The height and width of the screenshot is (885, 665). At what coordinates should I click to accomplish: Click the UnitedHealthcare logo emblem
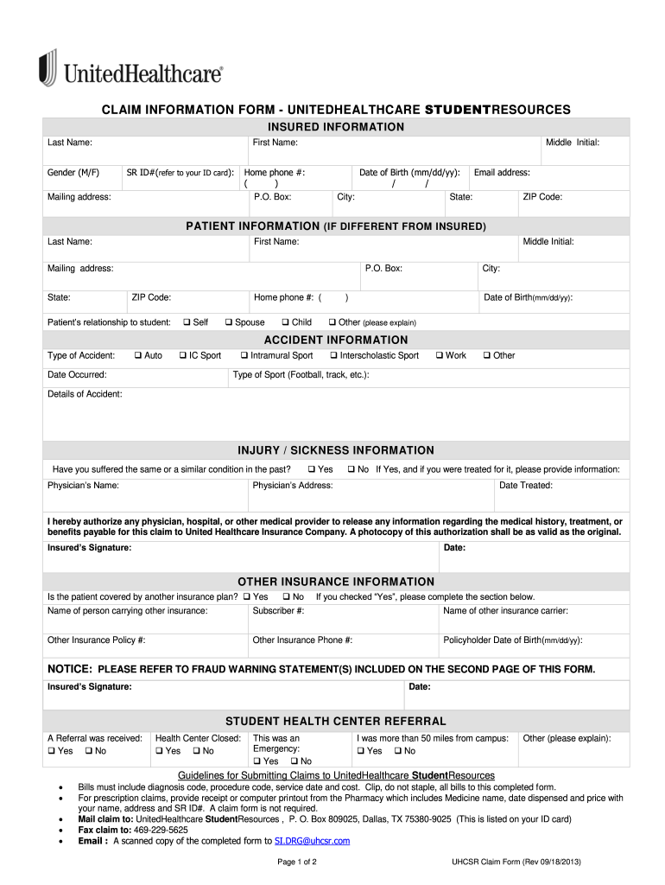coord(47,67)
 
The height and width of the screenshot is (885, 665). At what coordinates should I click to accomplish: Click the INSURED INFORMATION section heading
coord(336,127)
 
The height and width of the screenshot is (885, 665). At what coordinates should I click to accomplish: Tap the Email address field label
coord(502,173)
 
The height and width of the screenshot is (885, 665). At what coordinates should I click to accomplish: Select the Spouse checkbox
coord(228,322)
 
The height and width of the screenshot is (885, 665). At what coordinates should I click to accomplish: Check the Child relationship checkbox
coord(284,322)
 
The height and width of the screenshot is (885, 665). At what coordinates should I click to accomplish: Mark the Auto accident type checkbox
coord(137,355)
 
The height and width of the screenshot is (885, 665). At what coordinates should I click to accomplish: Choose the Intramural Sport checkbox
coord(244,355)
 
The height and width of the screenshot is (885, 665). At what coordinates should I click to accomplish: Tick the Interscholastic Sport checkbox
coord(332,355)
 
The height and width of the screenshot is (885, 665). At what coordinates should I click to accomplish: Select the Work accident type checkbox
coord(439,355)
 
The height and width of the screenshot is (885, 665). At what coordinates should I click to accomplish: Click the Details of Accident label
coord(85,394)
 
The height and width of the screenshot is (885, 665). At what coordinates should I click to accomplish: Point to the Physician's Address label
coord(292,486)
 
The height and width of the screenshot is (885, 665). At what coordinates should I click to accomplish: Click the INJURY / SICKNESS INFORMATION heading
coord(336,450)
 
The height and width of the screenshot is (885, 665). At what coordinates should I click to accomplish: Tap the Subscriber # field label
coord(278,611)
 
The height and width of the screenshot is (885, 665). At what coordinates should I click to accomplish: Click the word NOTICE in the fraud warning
coord(69,669)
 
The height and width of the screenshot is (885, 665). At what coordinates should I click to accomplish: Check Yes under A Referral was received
coord(51,751)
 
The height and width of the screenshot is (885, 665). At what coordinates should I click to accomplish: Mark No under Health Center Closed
coord(195,751)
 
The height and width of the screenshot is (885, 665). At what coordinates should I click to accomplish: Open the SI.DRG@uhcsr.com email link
coord(312,841)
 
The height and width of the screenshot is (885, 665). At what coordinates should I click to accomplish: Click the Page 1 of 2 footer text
coord(297,863)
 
